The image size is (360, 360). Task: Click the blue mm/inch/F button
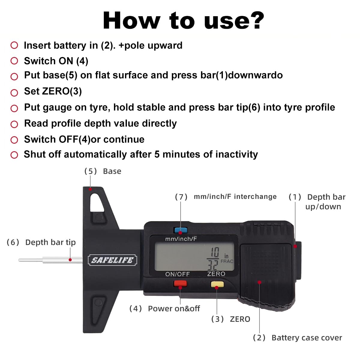point(181,230)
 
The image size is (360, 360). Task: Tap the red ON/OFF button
point(180,283)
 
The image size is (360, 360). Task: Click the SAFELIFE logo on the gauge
point(112,260)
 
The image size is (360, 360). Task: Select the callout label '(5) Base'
point(103,171)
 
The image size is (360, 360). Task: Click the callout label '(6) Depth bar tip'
point(41,242)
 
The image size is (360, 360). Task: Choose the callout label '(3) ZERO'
point(231,319)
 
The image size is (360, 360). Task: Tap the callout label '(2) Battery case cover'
point(297,338)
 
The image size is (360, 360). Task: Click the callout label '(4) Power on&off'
point(165,309)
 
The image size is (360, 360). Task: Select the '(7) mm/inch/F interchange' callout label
point(226,197)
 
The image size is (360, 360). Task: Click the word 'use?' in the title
point(234,21)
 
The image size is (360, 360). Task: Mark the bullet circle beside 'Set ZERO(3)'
point(14,93)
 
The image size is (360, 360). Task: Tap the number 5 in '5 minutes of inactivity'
point(157,154)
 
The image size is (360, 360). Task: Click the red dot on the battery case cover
point(259,282)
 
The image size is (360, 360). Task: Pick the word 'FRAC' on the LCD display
point(227,261)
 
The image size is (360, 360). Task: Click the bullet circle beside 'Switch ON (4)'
point(14,61)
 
